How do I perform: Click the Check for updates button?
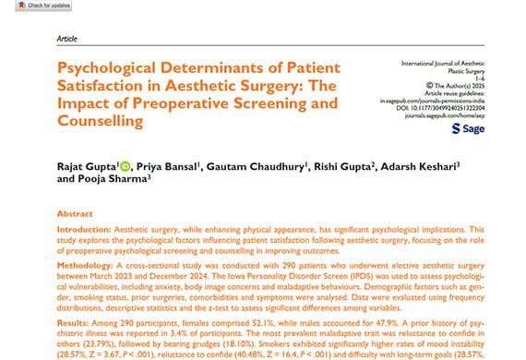pyautogui.click(x=29, y=6)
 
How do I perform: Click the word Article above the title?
pyautogui.click(x=67, y=41)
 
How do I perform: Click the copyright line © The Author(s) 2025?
pyautogui.click(x=454, y=84)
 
